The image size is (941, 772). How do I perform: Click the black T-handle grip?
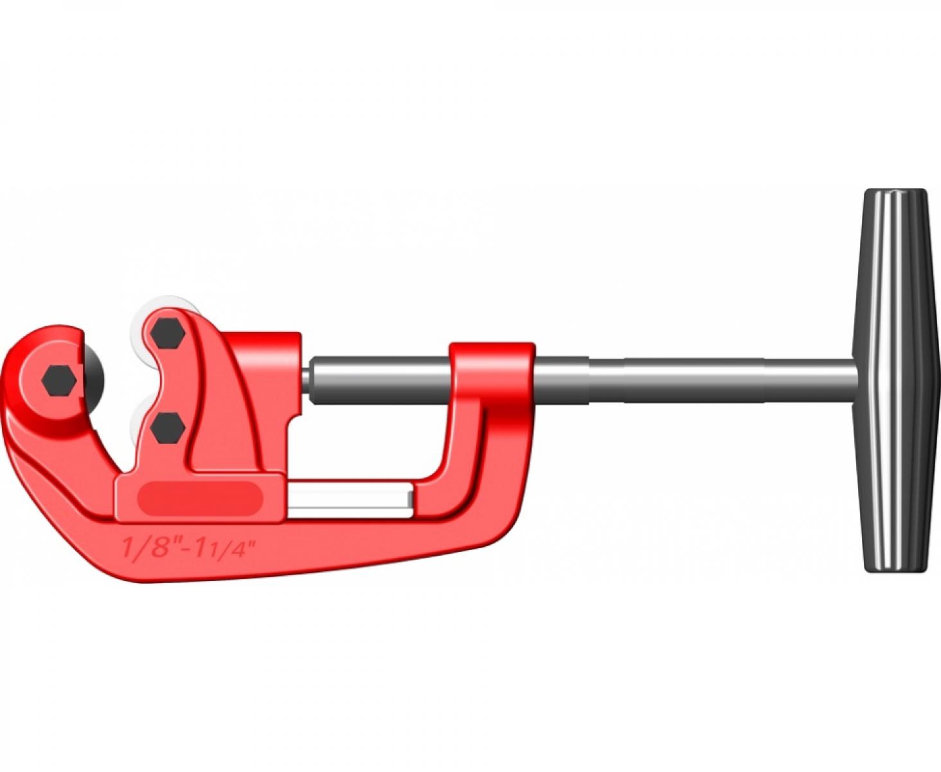895,381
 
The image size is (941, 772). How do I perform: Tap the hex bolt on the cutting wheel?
59,380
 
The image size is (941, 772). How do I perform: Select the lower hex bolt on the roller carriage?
168,427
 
